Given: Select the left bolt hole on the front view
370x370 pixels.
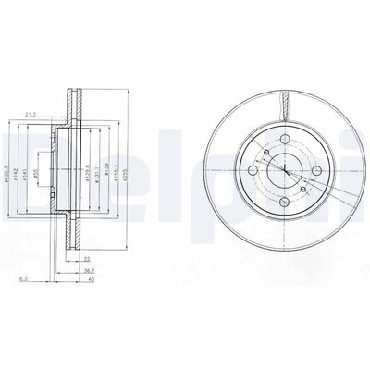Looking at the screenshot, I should pos(253,175).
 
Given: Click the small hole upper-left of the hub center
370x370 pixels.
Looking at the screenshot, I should pos(265,154).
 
